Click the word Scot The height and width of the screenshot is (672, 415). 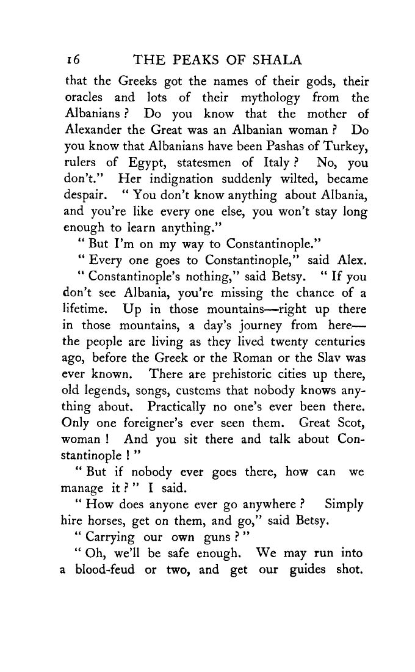pos(350,423)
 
